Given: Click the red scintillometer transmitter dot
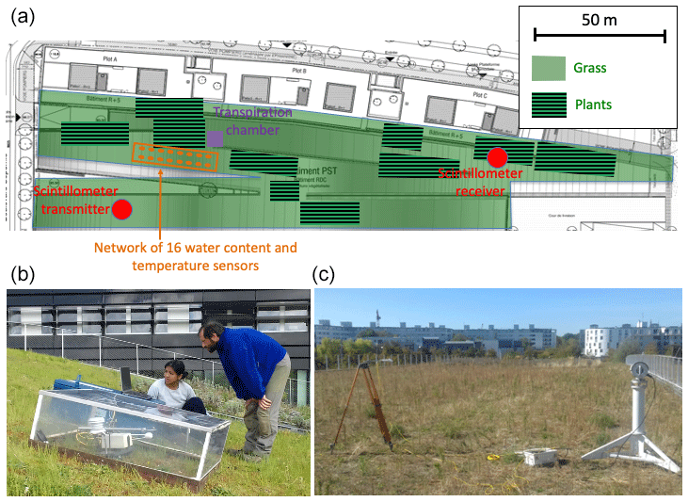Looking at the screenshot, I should [x=121, y=210].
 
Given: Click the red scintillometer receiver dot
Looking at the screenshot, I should [x=497, y=156].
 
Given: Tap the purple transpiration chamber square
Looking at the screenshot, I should [x=216, y=138].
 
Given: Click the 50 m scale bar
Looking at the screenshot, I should [x=600, y=36].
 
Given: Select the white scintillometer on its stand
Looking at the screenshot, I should [x=637, y=414].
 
